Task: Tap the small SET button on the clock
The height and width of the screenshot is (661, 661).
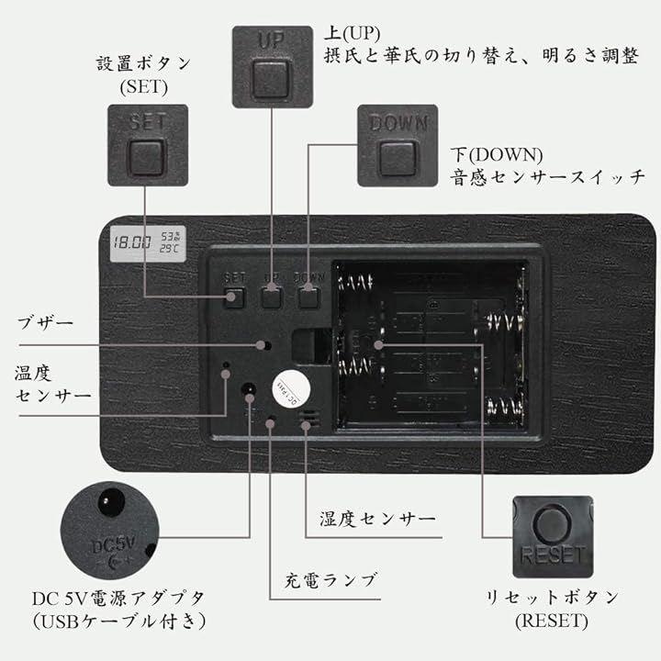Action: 234,297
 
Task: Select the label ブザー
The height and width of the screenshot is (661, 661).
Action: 45,323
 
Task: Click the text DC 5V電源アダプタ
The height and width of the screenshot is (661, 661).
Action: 119,598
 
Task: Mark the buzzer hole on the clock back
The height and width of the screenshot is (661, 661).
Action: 264,346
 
